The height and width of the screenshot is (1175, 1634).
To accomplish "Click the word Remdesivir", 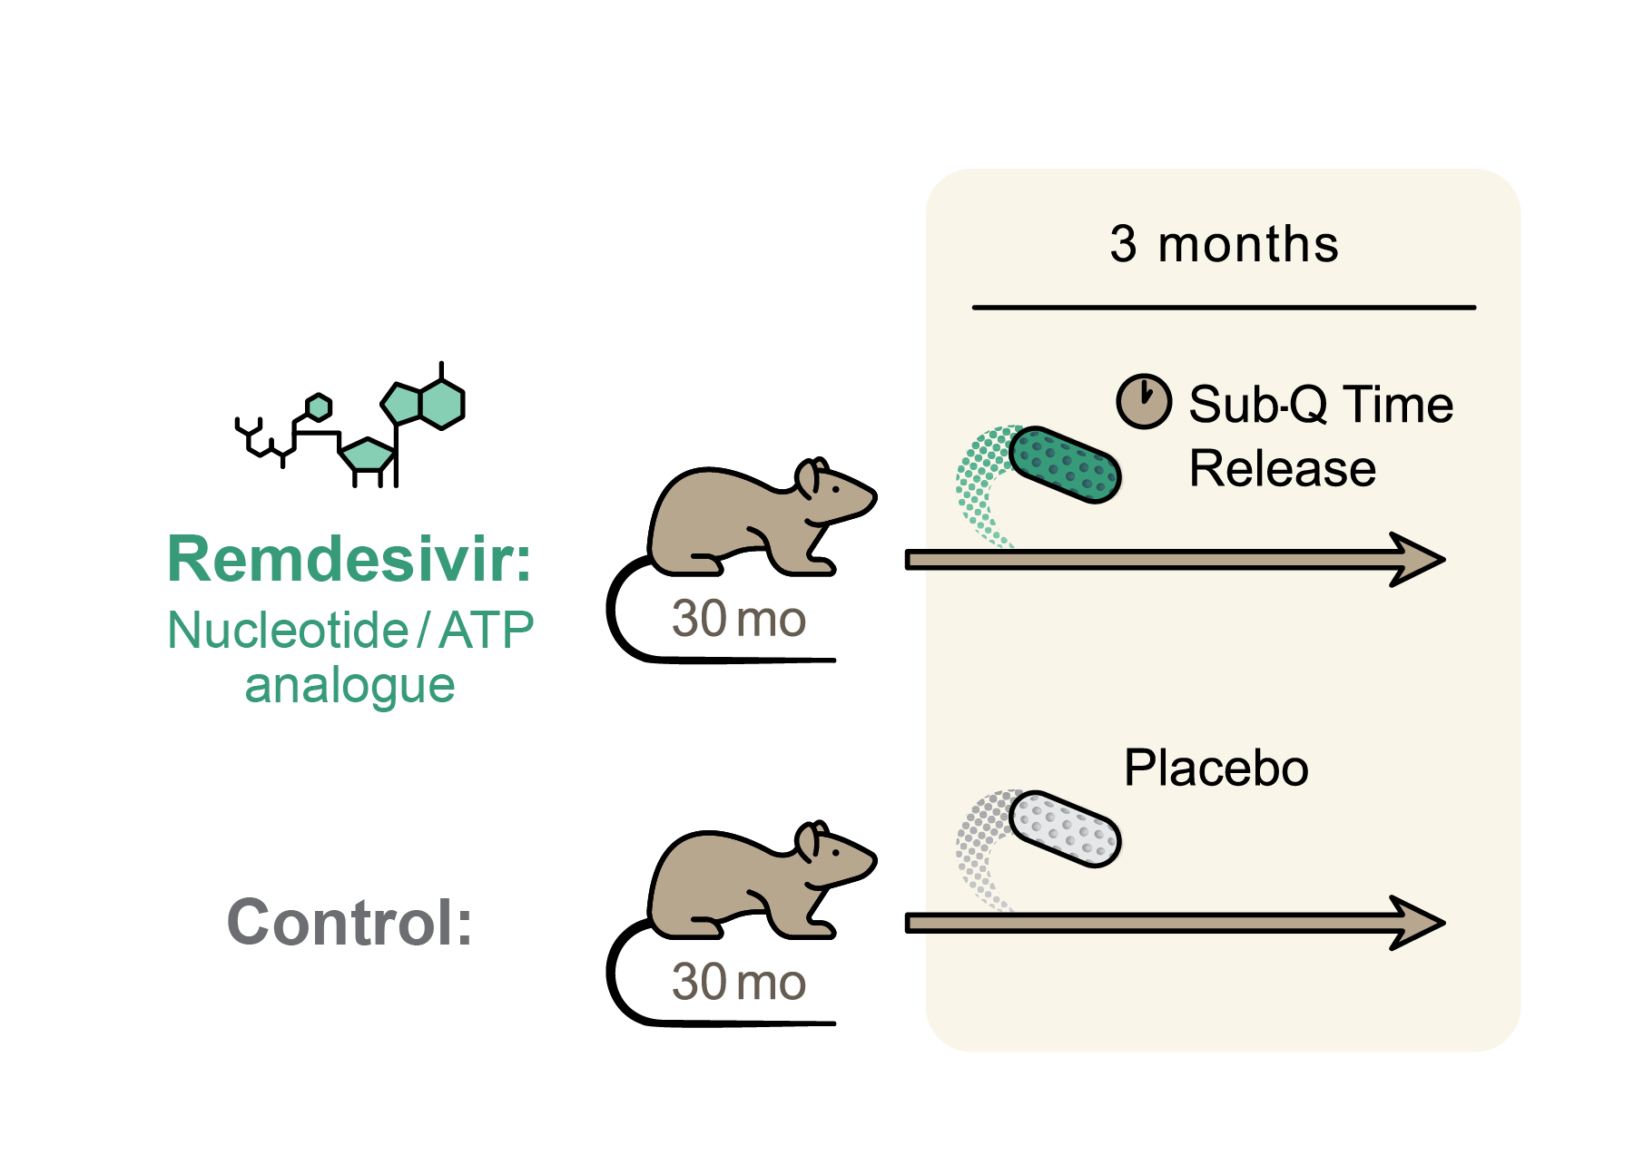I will [349, 559].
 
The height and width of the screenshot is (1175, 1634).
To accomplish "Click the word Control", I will [349, 922].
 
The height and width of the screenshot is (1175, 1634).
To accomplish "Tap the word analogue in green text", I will [349, 685].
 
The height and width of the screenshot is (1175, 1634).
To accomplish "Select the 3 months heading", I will [1223, 244].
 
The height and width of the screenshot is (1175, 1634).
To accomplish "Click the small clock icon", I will [1143, 401].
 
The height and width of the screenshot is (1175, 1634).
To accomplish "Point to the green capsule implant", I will [1065, 465].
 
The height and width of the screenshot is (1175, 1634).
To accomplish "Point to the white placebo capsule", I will [1065, 827].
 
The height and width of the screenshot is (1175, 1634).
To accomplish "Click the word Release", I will [1282, 468].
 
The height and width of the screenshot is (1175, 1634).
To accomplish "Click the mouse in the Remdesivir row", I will [753, 522].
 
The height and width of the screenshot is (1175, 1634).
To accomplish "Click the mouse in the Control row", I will [753, 885].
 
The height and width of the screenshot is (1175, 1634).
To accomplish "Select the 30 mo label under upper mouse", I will [738, 619].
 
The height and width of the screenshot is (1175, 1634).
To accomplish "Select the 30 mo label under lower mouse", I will [738, 982].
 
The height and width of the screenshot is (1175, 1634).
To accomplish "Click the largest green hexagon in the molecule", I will [442, 404].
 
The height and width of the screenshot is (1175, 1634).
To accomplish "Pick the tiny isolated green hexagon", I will [319, 407].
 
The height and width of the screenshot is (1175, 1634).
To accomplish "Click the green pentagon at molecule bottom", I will [368, 455].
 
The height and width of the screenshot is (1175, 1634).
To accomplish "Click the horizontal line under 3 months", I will [1223, 308].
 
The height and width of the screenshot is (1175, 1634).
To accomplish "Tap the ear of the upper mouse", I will [808, 480].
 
